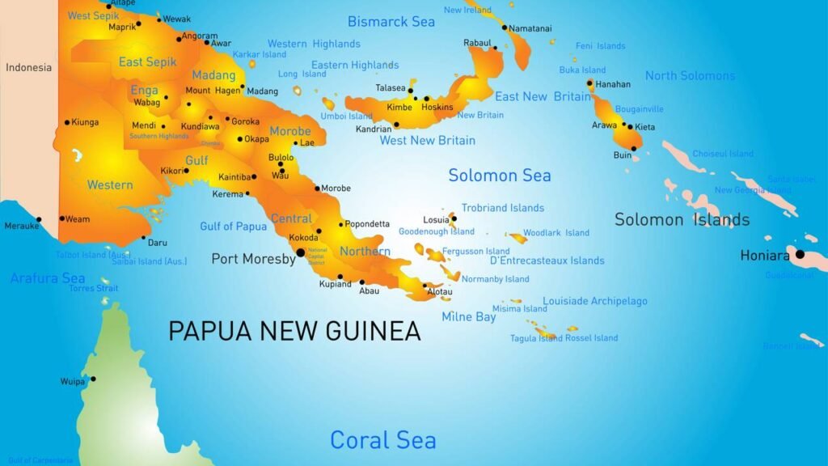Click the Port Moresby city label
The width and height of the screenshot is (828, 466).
click(253, 259)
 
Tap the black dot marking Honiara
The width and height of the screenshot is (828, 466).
click(800, 254)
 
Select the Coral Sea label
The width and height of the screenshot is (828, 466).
click(382, 440)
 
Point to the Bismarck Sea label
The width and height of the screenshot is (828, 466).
click(391, 22)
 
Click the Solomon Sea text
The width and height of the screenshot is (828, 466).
click(500, 176)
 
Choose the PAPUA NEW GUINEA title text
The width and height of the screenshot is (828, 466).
click(294, 331)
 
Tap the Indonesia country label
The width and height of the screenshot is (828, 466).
click(28, 67)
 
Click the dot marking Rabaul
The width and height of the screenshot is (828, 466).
click(496, 48)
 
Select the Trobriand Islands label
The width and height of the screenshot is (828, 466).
click(502, 208)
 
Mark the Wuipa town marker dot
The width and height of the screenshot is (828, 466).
click(93, 379)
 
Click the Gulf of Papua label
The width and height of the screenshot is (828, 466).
click(233, 227)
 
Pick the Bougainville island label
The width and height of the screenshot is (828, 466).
click(640, 109)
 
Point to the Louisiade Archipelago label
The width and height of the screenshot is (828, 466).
click(594, 301)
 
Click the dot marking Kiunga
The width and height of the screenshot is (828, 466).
click(67, 123)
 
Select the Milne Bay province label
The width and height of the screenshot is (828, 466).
click(469, 317)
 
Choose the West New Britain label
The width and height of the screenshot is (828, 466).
click(428, 141)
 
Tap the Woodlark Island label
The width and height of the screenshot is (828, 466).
click(556, 233)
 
